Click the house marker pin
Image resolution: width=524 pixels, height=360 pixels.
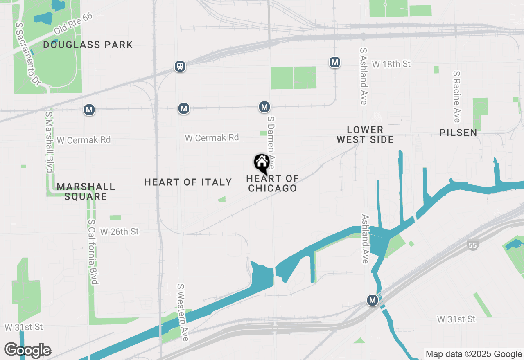262,164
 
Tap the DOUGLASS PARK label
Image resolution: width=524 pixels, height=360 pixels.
88,45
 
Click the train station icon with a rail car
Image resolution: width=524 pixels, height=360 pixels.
180,66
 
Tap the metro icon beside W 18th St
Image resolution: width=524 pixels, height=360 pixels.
335,63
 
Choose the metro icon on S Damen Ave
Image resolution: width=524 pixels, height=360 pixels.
264,107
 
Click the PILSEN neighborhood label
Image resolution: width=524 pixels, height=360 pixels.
458,133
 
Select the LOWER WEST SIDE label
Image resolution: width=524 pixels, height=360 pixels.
365,135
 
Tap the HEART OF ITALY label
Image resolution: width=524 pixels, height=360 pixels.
188,182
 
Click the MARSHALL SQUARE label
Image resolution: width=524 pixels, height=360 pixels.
86,191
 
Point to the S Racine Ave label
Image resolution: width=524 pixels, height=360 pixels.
457,97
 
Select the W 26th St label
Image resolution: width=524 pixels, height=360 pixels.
120,232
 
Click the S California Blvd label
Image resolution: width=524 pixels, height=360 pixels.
93,252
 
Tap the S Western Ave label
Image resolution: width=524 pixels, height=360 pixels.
182,313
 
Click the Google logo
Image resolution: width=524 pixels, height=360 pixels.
27,350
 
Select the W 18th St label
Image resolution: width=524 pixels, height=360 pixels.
391,64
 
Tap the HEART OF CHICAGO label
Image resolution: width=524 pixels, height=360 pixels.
272,183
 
